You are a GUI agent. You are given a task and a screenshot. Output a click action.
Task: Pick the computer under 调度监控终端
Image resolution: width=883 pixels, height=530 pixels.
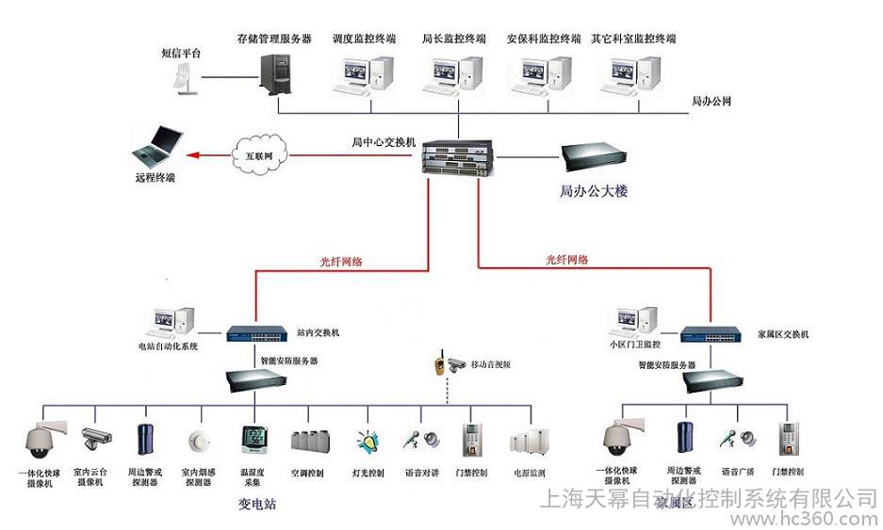coord(362,74)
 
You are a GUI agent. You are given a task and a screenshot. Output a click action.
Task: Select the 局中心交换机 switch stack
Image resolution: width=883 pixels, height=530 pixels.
coord(457,157)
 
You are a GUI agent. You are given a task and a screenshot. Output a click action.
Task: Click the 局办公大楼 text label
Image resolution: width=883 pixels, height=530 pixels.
coord(594,191)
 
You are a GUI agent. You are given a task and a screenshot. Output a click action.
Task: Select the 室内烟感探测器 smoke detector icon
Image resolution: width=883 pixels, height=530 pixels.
coord(197,442)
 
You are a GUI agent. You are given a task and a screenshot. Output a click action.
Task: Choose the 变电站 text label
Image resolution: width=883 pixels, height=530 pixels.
coord(256,506)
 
